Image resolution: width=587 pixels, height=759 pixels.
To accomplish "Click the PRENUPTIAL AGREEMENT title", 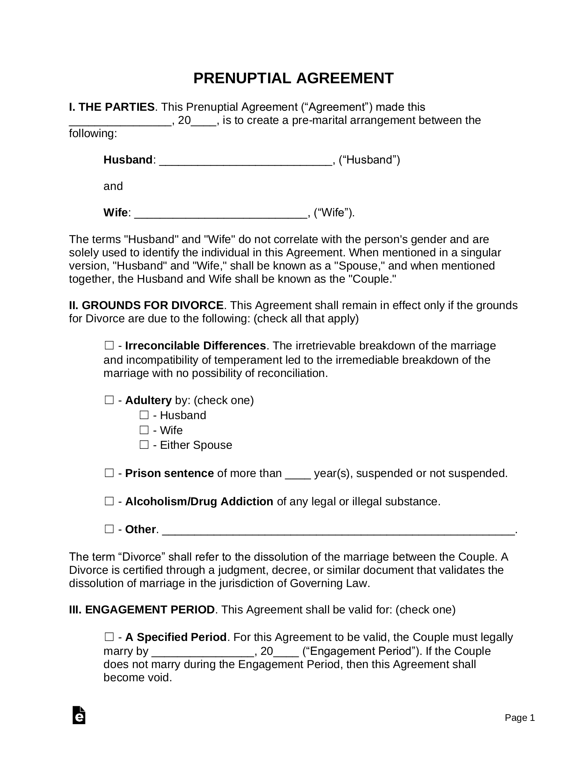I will click(x=293, y=78).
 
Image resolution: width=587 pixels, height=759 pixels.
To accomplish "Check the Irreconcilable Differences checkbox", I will click(x=109, y=345).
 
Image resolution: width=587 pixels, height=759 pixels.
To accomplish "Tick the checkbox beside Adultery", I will click(x=109, y=400).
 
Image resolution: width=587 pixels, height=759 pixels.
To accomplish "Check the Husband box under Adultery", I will click(x=144, y=415).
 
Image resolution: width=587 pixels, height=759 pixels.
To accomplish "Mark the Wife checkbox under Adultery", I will click(x=144, y=430).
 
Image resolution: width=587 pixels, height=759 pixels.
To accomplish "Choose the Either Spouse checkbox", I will click(x=144, y=445).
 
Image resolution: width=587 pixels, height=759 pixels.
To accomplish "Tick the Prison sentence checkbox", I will click(x=109, y=473).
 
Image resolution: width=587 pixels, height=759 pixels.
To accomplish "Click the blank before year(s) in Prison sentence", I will click(x=298, y=474).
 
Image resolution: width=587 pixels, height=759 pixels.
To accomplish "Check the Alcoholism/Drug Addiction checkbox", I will click(x=109, y=501).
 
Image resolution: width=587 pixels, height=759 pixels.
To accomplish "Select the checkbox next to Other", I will click(x=109, y=529).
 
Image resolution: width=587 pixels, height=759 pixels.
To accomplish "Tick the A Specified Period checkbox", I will click(x=109, y=637).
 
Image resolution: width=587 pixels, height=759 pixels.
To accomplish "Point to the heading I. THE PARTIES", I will click(x=112, y=107).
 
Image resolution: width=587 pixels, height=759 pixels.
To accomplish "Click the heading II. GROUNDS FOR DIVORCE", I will click(x=146, y=305).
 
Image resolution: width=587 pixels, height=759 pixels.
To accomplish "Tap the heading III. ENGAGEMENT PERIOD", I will click(x=142, y=609).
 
